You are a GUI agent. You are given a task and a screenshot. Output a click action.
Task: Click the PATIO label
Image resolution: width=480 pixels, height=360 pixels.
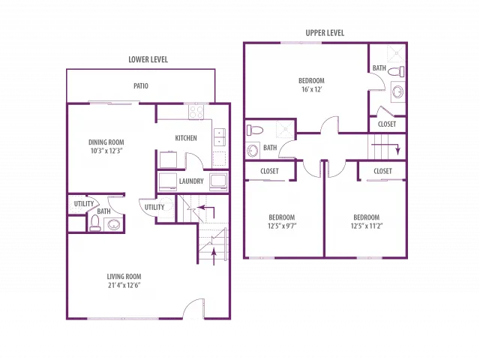pos(141,86)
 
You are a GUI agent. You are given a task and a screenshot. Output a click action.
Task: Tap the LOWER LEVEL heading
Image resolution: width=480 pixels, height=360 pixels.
pos(148,59)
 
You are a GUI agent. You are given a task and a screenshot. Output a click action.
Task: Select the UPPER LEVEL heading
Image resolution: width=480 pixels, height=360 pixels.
pos(325,33)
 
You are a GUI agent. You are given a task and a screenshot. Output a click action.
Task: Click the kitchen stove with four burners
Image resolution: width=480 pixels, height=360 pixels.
pos(196,112)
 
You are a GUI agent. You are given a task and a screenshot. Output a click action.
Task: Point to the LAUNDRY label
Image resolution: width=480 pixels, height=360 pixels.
pos(191,181)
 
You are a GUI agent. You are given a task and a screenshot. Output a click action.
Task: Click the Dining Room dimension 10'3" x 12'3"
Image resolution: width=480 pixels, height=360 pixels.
pos(106,151)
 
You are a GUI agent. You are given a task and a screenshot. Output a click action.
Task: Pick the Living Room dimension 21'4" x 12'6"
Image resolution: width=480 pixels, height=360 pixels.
pos(124,285)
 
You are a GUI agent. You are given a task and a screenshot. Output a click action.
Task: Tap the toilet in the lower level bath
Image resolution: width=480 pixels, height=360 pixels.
pos(95,223)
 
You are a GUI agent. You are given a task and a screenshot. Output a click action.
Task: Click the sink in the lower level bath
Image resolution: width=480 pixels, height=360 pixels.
pos(113,225)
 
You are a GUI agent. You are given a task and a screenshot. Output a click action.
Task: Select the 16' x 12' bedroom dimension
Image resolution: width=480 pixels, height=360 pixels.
pos(311,89)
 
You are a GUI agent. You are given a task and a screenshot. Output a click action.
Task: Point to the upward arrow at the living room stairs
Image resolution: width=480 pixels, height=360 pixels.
pos(214,256)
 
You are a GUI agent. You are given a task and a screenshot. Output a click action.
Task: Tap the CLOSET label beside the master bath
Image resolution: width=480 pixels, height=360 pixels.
pos(387,124)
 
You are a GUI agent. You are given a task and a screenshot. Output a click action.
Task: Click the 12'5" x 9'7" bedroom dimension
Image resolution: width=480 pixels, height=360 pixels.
pos(282,226)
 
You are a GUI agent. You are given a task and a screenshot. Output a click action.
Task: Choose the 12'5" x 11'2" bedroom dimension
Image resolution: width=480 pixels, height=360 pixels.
pos(367,226)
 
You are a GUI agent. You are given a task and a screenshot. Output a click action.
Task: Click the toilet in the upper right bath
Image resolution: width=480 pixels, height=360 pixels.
pos(396,72)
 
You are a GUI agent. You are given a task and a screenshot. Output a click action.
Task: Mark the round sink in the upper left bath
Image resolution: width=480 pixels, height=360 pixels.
pos(253,151)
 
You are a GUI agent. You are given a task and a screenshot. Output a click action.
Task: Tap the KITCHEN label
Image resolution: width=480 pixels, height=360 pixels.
pos(186,138)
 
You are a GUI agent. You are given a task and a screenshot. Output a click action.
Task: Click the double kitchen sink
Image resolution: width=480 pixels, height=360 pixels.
pos(220,137)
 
